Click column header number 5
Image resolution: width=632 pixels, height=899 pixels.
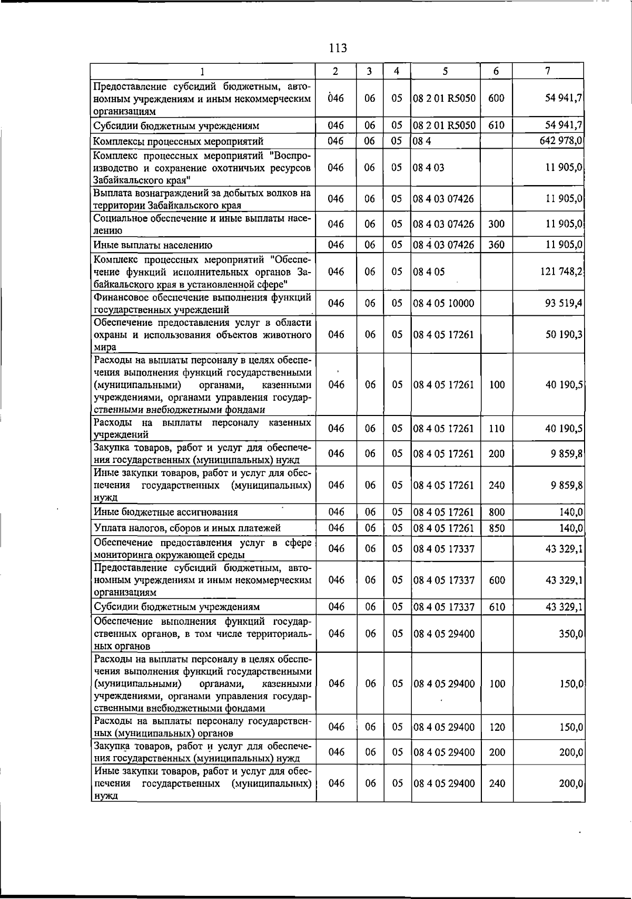click(x=445, y=71)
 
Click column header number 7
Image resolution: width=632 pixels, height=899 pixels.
click(x=548, y=71)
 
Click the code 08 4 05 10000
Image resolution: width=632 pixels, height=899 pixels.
click(x=443, y=303)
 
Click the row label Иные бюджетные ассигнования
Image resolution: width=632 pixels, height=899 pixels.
click(x=165, y=512)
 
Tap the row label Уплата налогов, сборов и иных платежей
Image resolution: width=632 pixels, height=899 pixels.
click(x=187, y=528)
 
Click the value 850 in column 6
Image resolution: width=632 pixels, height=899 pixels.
click(x=497, y=528)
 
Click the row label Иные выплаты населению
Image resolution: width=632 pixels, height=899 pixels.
click(x=153, y=245)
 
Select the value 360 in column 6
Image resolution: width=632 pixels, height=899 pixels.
click(x=497, y=245)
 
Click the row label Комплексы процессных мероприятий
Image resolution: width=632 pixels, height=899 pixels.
click(x=178, y=141)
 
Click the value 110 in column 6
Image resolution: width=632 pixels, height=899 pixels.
click(x=497, y=429)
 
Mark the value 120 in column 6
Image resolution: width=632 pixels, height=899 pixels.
click(x=497, y=727)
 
